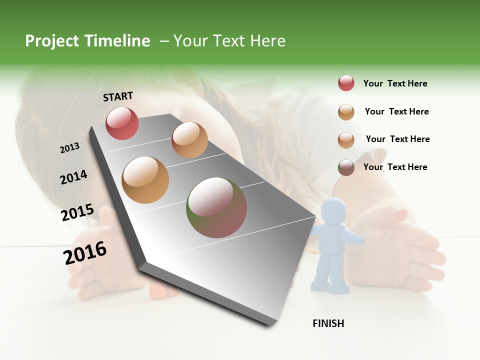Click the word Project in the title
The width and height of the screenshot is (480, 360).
tap(51, 41)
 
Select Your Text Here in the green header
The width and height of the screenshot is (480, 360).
tap(229, 41)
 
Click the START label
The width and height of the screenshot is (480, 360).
tap(118, 96)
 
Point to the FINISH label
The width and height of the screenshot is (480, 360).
tap(328, 323)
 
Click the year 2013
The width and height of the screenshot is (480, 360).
tap(70, 148)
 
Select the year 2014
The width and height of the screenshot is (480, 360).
tap(73, 177)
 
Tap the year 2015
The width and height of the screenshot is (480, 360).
tap(77, 212)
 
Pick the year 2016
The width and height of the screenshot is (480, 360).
tap(85, 253)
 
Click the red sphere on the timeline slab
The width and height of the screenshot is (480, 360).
tap(122, 123)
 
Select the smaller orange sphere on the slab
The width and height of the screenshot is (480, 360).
tap(189, 140)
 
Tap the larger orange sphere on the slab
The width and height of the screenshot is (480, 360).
tap(145, 179)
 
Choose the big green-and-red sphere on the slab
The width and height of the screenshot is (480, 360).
tap(216, 207)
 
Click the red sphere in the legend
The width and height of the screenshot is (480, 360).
tap(346, 83)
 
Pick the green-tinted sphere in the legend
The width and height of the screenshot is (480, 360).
tap(346, 167)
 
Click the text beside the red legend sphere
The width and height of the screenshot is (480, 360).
tap(395, 83)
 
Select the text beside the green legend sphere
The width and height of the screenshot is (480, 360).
tap(395, 167)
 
